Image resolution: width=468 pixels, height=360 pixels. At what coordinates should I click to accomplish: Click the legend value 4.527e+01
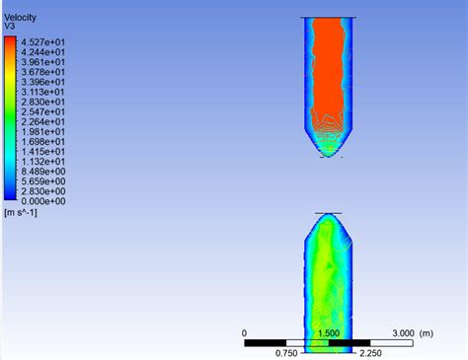point(43,42)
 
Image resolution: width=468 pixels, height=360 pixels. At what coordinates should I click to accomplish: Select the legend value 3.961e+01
point(43,62)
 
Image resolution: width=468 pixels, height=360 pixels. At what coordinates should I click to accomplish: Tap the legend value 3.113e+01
point(43,92)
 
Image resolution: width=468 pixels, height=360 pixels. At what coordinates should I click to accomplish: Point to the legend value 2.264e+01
point(43,122)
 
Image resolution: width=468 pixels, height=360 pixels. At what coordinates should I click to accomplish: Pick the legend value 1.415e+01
point(43,152)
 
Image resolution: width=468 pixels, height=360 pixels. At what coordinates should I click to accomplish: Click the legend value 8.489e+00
point(43,172)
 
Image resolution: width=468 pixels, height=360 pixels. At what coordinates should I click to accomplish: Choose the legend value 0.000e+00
point(43,201)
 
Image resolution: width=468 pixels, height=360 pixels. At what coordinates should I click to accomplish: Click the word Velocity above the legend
point(20,18)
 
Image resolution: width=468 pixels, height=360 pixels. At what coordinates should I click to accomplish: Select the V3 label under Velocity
point(9,26)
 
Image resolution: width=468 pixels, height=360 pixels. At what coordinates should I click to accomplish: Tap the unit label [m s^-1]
point(21,213)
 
